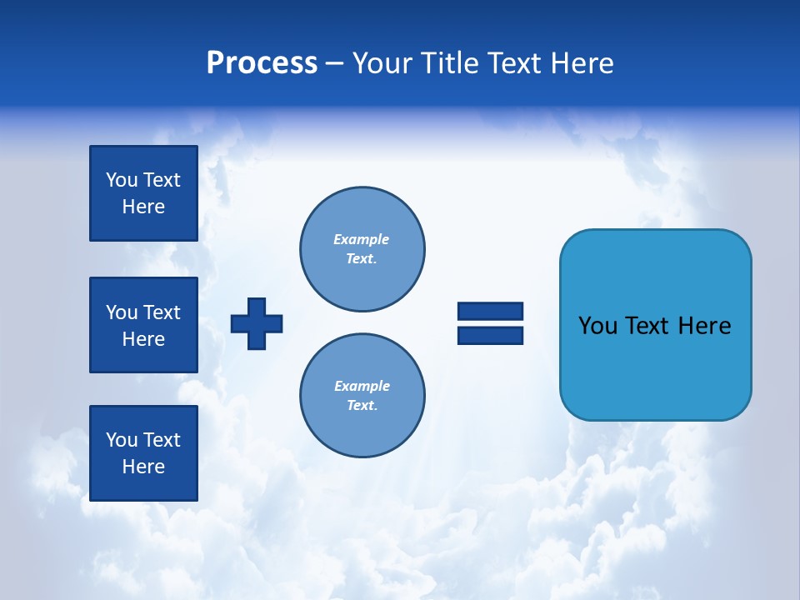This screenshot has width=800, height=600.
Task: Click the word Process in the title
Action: [262, 63]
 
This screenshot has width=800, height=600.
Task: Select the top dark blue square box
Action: [143, 193]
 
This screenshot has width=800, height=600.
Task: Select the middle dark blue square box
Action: [143, 325]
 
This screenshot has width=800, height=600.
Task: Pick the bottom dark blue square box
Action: [143, 453]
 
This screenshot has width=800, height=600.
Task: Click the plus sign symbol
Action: [256, 323]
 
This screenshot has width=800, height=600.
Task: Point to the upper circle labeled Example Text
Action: [362, 249]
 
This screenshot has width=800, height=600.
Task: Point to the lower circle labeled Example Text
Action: [362, 396]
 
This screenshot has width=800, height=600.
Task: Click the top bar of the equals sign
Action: [490, 311]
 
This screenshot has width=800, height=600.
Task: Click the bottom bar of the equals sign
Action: [490, 336]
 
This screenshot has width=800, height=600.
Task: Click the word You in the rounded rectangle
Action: [597, 326]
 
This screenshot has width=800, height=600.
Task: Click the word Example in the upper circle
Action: [361, 239]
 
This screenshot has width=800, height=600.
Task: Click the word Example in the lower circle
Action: [362, 386]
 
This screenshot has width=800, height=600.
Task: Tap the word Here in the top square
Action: [143, 207]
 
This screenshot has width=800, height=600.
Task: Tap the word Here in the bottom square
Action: [143, 467]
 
